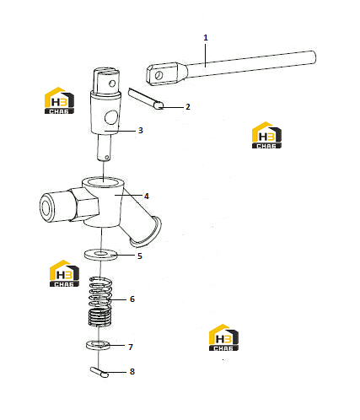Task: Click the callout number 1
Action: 206,38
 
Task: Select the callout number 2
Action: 188,107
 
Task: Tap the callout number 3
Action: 141,131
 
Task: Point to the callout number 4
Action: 147,196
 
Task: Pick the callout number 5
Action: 140,256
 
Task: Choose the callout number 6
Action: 132,299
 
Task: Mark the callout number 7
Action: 131,347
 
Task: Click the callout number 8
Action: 132,372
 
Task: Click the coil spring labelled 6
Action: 100,302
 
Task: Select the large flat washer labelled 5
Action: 100,255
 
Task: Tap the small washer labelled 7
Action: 98,346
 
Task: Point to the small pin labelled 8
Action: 99,372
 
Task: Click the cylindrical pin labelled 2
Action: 146,99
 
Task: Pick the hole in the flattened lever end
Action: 159,75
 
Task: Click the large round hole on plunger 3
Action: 110,117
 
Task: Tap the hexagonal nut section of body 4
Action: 84,205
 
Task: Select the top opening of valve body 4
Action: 103,182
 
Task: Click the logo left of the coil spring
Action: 64,273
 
